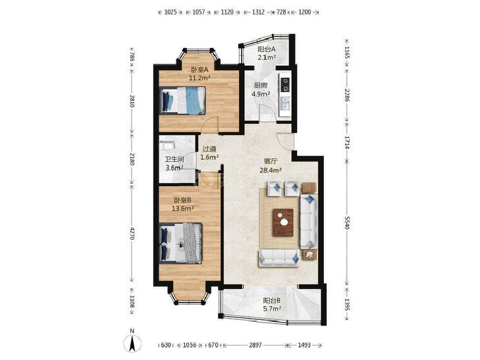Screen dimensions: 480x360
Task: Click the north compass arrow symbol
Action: [x=132, y=343]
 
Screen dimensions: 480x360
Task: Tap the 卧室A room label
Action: [x=200, y=70]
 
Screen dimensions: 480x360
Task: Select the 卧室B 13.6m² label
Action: [x=183, y=204]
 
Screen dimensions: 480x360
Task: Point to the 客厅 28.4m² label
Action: [x=271, y=165]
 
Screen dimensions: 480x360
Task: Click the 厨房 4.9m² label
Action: [x=261, y=90]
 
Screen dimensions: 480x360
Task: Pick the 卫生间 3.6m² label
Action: [x=174, y=163]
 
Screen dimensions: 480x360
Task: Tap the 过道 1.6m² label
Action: [x=209, y=153]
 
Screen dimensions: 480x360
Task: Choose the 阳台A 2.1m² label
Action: [x=267, y=53]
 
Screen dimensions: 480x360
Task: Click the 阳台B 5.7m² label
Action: [x=272, y=305]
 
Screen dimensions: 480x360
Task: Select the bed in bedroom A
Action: [x=182, y=101]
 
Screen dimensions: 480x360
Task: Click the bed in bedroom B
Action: [x=180, y=243]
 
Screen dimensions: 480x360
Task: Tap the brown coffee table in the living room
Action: [x=283, y=222]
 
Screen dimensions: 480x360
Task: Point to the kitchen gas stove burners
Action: [x=286, y=85]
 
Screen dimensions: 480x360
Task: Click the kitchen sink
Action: [x=286, y=104]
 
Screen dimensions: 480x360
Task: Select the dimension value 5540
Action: [x=347, y=222]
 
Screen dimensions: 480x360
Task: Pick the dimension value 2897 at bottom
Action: [x=255, y=345]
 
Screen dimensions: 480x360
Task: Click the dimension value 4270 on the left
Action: [x=132, y=234]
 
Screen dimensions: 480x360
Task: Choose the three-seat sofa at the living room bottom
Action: [x=279, y=258]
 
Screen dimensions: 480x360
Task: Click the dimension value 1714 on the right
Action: [x=347, y=142]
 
